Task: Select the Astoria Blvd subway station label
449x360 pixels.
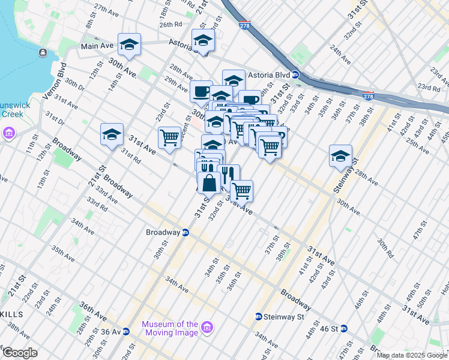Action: [x=275, y=75]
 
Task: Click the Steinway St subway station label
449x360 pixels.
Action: [x=282, y=316]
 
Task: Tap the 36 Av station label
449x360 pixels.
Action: [x=110, y=331]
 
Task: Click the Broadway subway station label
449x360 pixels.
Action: [x=163, y=232]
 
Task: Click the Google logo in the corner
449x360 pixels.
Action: [x=19, y=353]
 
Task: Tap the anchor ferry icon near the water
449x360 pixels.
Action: [x=43, y=53]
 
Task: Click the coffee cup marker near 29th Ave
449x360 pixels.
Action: [x=200, y=92]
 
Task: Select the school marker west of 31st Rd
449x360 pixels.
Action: [x=112, y=135]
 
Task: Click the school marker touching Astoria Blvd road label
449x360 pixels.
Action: [x=203, y=41]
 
